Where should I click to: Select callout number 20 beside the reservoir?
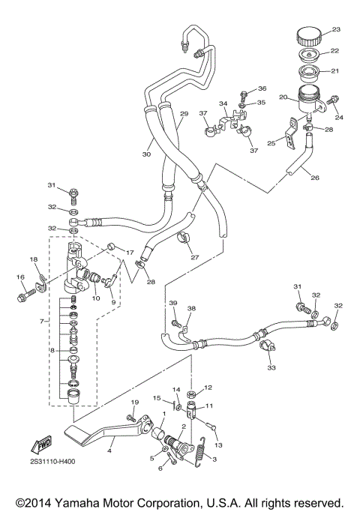(x=283, y=97)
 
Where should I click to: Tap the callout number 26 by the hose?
(x=314, y=178)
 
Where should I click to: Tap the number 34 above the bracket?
(x=223, y=103)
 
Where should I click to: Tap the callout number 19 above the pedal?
(x=134, y=404)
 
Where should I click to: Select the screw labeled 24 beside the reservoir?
(x=334, y=100)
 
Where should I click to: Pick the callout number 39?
(x=172, y=303)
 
